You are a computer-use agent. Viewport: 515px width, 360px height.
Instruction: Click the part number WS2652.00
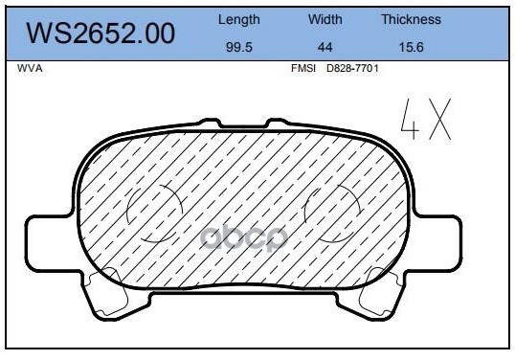point(101,34)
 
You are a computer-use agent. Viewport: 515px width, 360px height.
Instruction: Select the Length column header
point(238,20)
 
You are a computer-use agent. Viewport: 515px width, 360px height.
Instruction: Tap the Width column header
point(325,19)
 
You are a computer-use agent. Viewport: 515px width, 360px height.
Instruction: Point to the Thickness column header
point(411,19)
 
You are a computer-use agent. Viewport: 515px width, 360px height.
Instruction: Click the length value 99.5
point(238,47)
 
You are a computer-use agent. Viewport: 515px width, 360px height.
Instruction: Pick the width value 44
point(325,47)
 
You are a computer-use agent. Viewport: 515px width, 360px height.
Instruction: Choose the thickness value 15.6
point(411,47)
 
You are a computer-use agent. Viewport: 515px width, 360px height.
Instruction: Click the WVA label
point(30,69)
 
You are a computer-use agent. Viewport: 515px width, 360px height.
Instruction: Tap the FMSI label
point(303,68)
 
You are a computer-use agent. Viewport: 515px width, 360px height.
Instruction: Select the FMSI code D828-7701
point(352,68)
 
